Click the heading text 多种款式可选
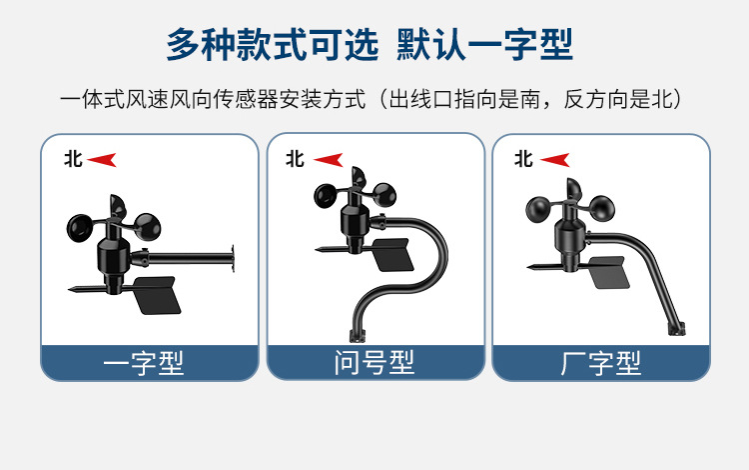[272, 45]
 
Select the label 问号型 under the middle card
[374, 362]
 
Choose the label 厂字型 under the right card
[601, 362]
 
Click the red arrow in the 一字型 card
[103, 159]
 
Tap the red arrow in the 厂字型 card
[554, 159]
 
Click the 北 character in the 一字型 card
[73, 158]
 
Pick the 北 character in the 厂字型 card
[523, 158]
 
